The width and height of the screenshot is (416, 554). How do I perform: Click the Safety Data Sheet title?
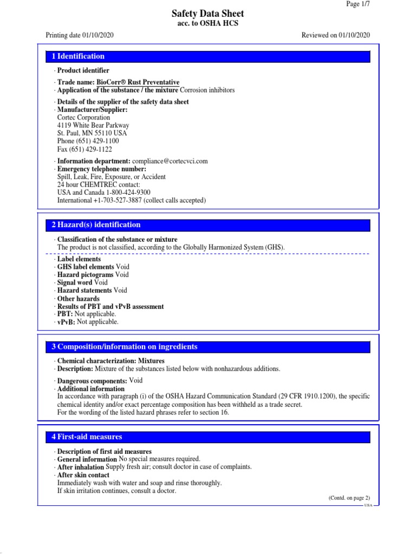(x=208, y=14)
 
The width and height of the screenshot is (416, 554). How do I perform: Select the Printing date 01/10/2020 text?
(x=79, y=35)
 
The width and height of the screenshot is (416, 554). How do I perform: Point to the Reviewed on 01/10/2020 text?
(x=335, y=35)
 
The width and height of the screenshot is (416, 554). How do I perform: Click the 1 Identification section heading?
(x=78, y=56)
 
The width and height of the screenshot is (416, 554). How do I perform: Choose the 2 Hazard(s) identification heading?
(x=96, y=225)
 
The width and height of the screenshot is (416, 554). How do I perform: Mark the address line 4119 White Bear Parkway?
(x=93, y=126)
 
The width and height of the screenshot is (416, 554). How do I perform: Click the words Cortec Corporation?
(x=83, y=117)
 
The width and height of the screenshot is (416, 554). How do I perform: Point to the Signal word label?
(x=75, y=282)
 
